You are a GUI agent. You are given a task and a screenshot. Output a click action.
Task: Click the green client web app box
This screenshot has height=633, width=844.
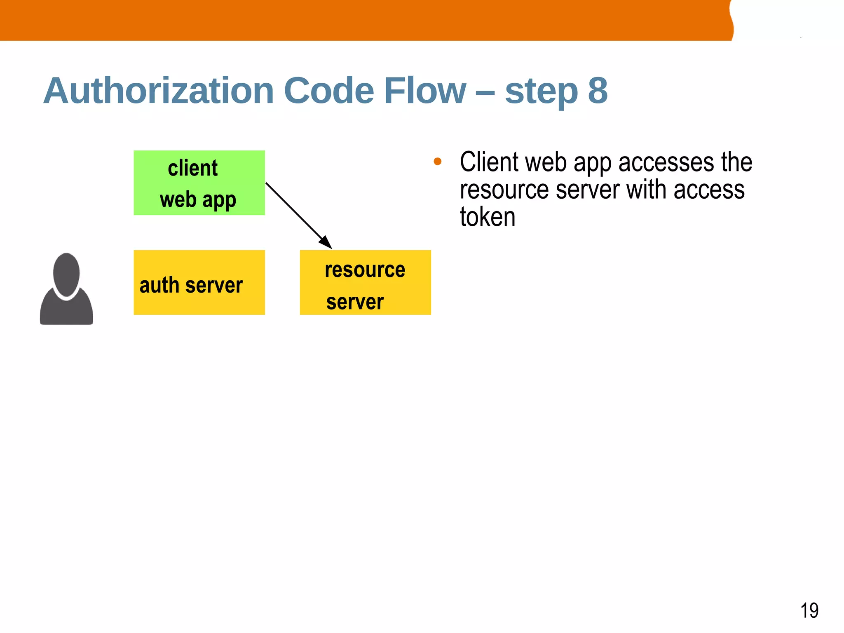click(x=199, y=183)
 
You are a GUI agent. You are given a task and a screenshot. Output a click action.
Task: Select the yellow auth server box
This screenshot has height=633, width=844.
click(x=199, y=282)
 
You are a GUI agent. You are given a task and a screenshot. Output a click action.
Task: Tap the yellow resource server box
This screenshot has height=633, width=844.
click(x=365, y=282)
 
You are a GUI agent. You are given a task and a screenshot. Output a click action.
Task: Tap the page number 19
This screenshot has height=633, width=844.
click(x=809, y=610)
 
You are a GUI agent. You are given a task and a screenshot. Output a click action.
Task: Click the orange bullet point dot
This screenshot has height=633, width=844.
click(x=438, y=162)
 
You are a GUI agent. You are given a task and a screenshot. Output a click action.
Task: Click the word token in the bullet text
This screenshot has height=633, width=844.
click(x=488, y=217)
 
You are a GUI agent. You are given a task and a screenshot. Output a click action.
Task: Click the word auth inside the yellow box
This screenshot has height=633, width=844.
click(x=159, y=285)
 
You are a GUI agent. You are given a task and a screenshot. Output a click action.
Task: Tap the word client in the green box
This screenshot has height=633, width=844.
click(x=193, y=168)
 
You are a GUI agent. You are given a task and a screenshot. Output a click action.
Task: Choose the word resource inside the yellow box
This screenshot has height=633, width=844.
click(x=365, y=270)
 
